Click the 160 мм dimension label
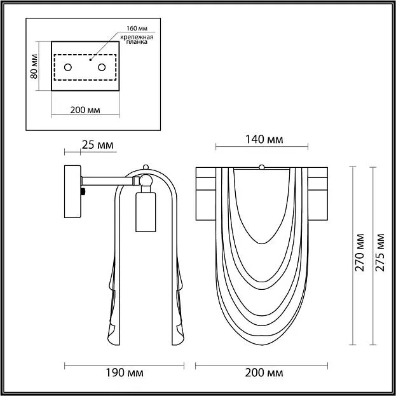[137, 28]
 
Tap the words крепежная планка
[137, 39]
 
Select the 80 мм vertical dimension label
[34, 66]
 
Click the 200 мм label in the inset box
[85, 110]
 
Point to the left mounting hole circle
[68, 67]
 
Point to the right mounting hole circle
[102, 67]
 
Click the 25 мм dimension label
[97, 145]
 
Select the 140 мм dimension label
[264, 139]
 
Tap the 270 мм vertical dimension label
[360, 252]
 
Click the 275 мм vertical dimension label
[379, 252]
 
